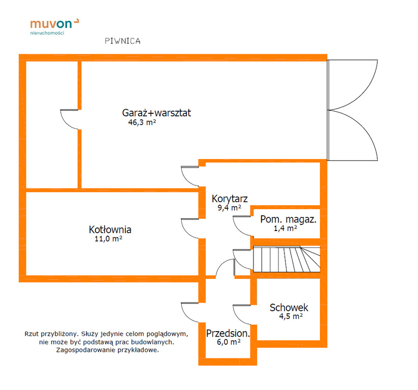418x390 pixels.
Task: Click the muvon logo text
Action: (51, 24)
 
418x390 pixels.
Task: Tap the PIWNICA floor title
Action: (122, 41)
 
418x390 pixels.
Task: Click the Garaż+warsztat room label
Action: (156, 113)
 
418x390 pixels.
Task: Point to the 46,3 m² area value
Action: (142, 122)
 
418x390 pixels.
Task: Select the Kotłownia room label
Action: (110, 230)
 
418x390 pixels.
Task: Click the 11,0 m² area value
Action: (109, 239)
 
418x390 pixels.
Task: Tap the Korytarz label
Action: (230, 199)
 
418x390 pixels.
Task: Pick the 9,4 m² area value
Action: (229, 208)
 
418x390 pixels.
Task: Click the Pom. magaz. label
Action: (288, 219)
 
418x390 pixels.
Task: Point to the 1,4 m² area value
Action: (285, 228)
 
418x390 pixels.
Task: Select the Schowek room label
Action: (289, 307)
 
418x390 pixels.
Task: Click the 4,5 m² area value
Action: (291, 316)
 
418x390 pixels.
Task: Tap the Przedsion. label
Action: (228, 333)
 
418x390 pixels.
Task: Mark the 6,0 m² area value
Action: (229, 342)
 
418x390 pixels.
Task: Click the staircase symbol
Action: (286, 259)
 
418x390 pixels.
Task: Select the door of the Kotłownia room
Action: (190, 229)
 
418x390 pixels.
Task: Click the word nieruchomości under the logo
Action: (47, 33)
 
